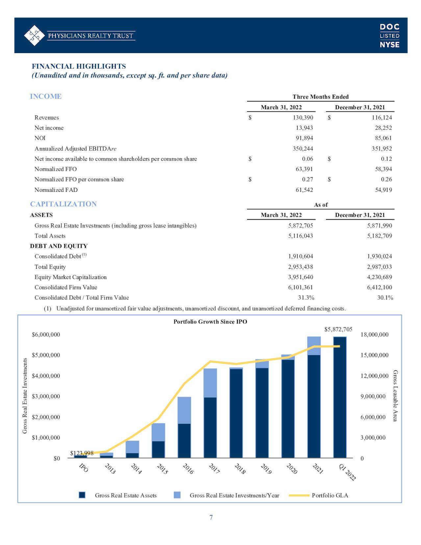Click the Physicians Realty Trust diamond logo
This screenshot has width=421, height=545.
[35, 36]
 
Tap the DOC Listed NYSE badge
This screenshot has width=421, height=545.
[389, 36]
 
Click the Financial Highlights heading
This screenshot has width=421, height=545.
[79, 66]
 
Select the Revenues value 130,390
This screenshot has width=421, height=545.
[303, 117]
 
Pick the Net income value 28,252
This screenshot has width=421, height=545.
[383, 128]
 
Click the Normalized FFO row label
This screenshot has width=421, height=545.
[56, 169]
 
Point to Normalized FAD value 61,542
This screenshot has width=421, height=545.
[304, 190]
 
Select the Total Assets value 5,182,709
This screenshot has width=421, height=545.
[380, 236]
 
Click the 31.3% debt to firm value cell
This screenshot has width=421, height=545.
[306, 298]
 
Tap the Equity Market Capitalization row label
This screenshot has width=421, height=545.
[71, 277]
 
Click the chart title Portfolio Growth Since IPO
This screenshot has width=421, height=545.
[210, 322]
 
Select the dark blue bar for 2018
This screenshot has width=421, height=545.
[236, 413]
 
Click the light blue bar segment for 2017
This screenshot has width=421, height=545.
[210, 383]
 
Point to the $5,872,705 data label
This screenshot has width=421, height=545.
[338, 329]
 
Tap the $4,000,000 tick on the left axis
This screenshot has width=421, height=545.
[46, 376]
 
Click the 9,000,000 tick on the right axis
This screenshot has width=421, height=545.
[373, 396]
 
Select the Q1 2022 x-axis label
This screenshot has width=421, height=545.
[347, 472]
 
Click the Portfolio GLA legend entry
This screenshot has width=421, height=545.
[318, 495]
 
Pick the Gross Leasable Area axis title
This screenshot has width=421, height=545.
[395, 396]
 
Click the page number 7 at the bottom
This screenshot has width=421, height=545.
[211, 517]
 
